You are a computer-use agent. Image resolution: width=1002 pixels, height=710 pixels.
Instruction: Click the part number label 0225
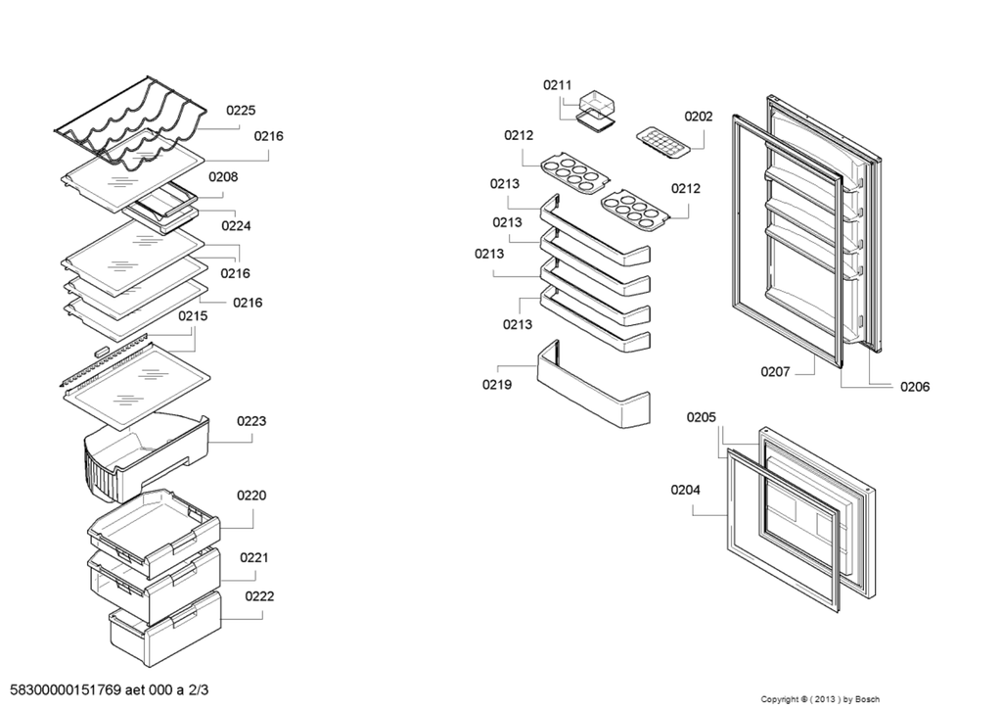pos(241,110)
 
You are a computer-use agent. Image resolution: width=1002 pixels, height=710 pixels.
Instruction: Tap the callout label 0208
pos(223,176)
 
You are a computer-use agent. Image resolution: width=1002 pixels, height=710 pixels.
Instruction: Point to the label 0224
pos(236,225)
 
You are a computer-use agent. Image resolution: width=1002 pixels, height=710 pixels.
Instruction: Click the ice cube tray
pos(663,141)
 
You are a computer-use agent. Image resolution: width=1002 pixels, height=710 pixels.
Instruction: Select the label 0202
pos(699,116)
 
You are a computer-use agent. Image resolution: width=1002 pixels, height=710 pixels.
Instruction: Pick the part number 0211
pos(557,84)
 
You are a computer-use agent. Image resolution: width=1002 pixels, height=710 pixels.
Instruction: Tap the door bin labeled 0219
pos(594,384)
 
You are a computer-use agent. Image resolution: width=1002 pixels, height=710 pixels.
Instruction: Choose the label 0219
pos(496,384)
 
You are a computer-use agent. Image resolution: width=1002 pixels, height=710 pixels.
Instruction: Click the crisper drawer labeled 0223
pos(147,456)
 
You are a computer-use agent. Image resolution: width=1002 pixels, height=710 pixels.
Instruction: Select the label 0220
pos(251,496)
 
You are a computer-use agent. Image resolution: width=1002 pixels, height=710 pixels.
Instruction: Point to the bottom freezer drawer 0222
pos(164,630)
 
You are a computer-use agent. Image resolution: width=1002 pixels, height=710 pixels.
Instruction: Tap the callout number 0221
pos(254,557)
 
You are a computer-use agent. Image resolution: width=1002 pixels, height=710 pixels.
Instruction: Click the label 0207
pos(775,371)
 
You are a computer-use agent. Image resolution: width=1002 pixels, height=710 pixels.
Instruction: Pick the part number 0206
pos(915,387)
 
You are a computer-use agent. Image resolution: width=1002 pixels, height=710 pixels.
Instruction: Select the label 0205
pos(701,417)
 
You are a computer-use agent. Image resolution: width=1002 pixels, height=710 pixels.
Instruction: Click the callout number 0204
pos(685,490)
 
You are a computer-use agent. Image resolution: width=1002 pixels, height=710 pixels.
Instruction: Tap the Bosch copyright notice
pos(820,699)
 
